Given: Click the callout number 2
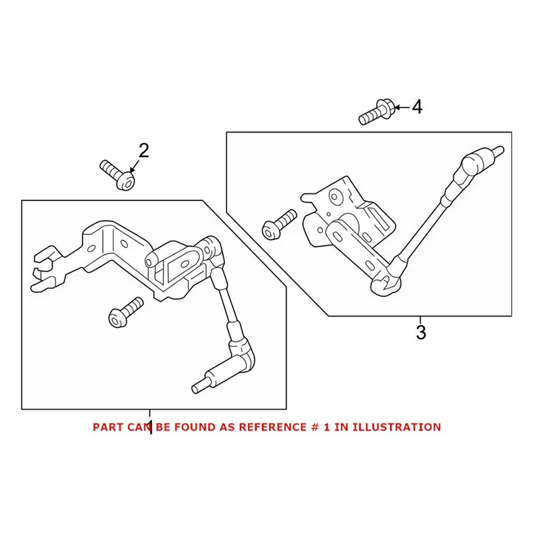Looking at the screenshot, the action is tap(143, 151).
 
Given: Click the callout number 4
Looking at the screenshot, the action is tap(416, 107).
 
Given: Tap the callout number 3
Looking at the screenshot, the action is tap(420, 331).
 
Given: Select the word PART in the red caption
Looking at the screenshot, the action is tap(107, 427).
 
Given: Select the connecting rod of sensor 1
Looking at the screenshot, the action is tap(225, 300).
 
